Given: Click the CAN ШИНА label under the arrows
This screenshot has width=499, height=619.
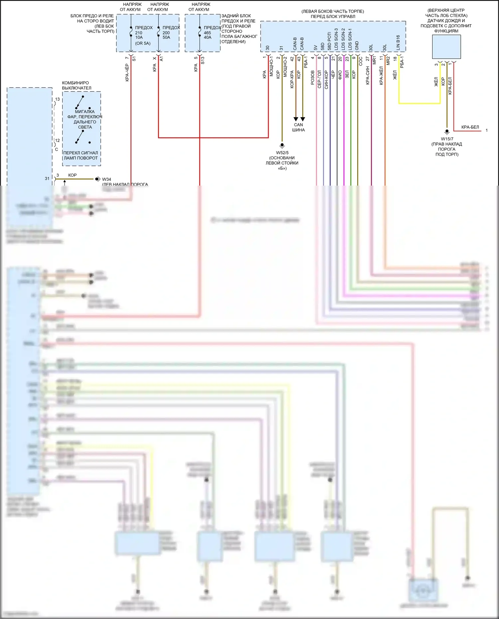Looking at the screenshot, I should point(298,127).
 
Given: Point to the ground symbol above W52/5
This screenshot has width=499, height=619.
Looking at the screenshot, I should point(282,145).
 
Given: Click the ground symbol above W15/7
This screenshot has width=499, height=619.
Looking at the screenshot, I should point(447,132).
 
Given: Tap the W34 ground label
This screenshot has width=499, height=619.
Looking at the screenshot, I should point(106,179).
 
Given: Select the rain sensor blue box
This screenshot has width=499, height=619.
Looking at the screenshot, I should point(446,47).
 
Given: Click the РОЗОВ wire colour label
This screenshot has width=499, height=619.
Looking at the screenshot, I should point(313,77).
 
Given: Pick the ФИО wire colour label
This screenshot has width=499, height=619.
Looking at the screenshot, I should point(340,75).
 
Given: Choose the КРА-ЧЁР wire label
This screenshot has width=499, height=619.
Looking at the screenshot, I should point(127,73).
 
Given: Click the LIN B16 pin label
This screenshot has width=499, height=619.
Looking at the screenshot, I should point(398,43).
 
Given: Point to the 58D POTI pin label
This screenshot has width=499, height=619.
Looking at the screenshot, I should point(329,41).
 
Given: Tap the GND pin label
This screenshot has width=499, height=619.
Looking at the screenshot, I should point(357,46).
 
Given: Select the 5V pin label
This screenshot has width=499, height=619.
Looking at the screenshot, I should point(315,48).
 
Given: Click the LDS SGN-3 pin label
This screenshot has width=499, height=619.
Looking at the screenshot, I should point(336,39).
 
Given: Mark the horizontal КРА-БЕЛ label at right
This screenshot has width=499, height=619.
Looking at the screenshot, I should point(470,127).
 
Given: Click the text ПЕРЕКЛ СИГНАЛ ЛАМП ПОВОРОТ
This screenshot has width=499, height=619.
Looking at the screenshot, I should point(81,155).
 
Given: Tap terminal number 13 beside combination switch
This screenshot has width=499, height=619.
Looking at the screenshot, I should point(57,99).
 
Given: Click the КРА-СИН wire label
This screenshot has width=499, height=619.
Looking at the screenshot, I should point(368,75).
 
